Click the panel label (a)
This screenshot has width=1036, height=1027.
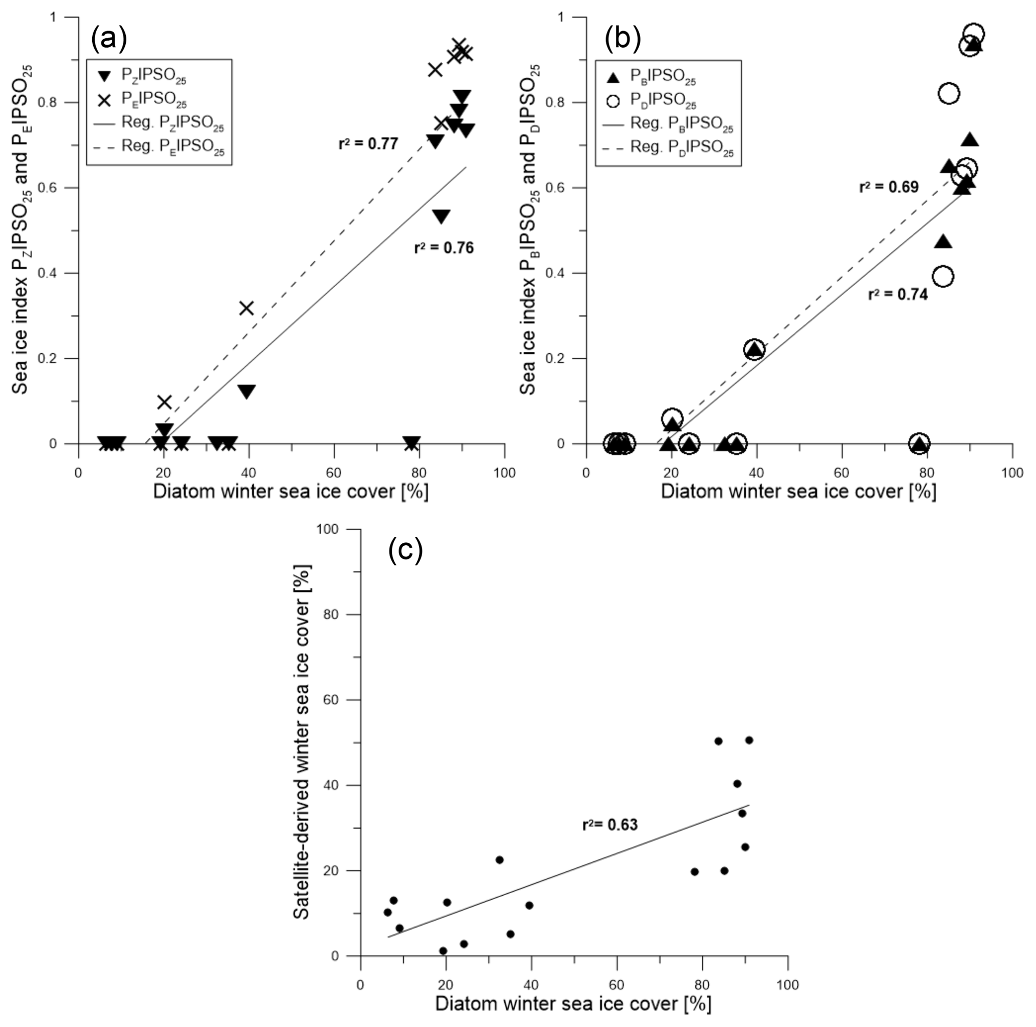[x=109, y=39]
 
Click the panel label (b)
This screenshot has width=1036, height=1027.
[x=623, y=39]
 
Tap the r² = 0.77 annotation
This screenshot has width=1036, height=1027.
[x=368, y=144]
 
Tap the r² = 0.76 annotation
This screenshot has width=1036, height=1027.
[x=444, y=248]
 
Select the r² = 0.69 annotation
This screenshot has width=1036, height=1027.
[x=889, y=187]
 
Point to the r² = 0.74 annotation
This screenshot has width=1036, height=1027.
[x=898, y=294]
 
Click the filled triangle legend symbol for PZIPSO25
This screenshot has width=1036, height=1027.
[x=105, y=76]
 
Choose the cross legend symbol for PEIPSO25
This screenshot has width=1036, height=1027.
[x=105, y=100]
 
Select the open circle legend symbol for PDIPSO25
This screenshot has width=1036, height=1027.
[x=613, y=101]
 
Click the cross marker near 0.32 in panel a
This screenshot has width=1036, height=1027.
[x=246, y=308]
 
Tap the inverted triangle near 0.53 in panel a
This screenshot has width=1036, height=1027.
[x=442, y=217]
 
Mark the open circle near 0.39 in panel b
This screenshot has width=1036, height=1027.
[x=943, y=277]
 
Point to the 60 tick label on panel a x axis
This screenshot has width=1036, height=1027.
[x=334, y=473]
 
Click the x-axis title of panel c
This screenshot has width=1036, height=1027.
[x=573, y=1004]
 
